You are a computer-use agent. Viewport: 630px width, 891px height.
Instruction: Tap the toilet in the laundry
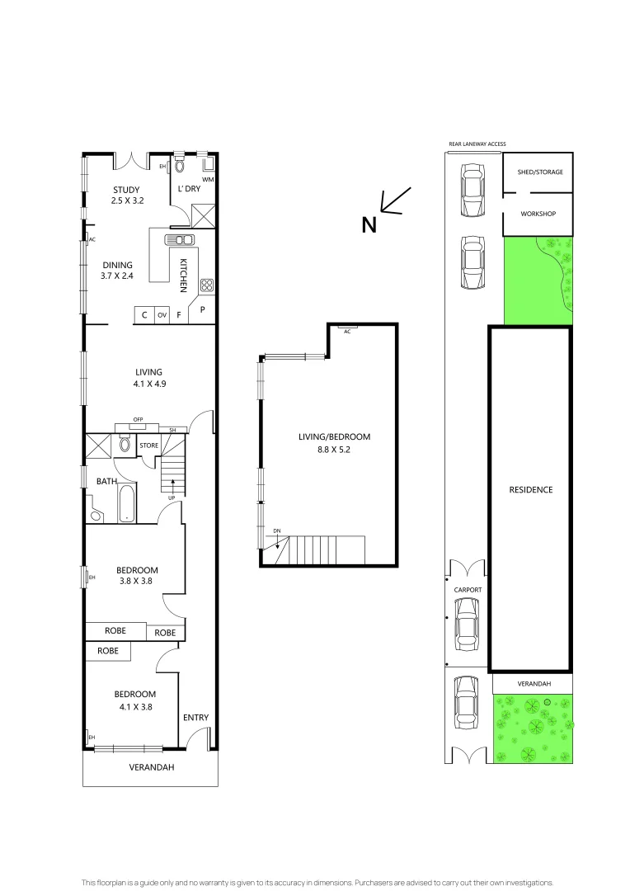point(181,165)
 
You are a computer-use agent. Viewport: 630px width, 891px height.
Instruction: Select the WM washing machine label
point(208,178)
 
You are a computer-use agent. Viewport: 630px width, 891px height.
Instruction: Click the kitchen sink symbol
point(181,240)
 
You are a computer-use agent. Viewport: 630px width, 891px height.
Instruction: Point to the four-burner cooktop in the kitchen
point(206,285)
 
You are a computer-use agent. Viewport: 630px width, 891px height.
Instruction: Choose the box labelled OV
point(162,315)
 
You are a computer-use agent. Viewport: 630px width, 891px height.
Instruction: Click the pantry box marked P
point(202,309)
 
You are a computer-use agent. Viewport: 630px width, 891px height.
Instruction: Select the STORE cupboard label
point(149,445)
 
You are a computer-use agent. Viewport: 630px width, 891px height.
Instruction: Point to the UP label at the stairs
point(172,497)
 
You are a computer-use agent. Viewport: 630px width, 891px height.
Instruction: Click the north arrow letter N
point(369,224)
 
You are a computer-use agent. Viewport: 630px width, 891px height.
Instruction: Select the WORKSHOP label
point(538,214)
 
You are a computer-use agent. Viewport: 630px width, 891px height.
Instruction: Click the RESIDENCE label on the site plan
point(530,489)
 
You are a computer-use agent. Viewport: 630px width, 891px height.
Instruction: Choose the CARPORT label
point(468,590)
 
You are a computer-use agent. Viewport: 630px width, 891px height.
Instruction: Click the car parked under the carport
point(468,623)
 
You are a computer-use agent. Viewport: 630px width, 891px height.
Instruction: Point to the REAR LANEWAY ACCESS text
point(477,144)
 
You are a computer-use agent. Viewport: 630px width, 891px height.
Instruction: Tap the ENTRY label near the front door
point(195,718)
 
